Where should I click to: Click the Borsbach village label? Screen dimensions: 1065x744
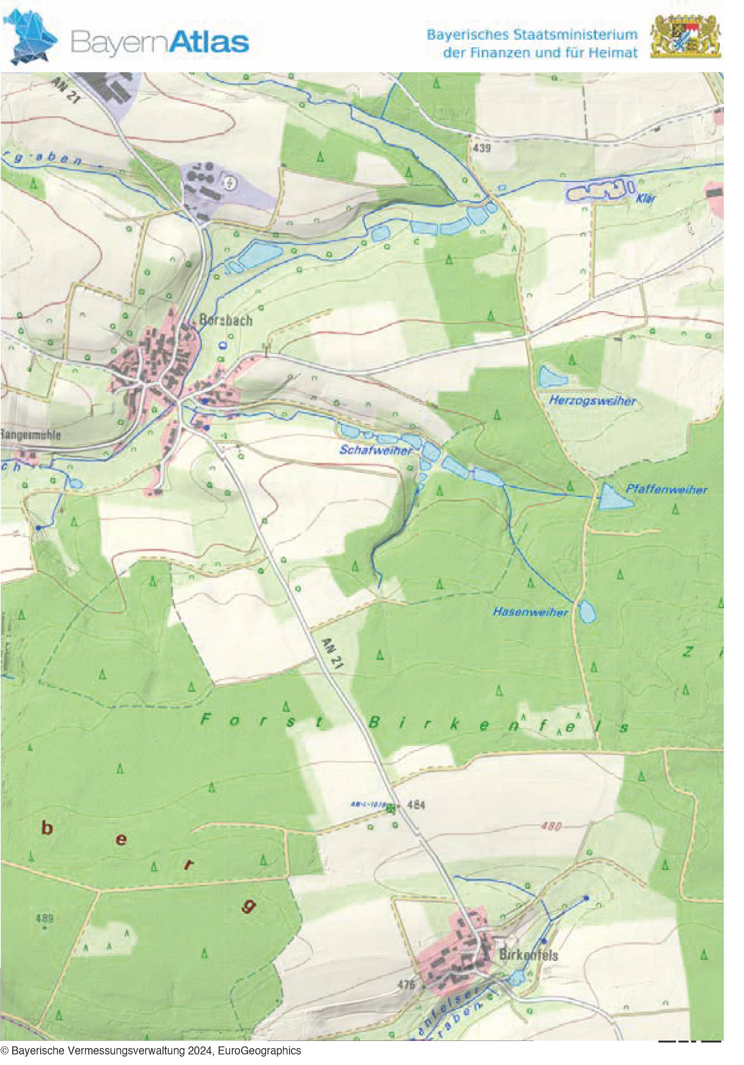point(226,320)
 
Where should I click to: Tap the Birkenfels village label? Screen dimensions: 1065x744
point(528,955)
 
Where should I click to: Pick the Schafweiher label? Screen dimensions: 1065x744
point(376,449)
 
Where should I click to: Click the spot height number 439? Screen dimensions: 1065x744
point(482,148)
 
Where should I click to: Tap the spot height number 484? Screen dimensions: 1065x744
point(416,805)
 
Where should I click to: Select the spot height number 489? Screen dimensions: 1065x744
point(44,918)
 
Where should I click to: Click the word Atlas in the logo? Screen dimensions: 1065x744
point(208,42)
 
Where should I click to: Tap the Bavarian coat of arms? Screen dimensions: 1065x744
point(686,36)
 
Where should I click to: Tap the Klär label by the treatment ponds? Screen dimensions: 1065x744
point(646,199)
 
